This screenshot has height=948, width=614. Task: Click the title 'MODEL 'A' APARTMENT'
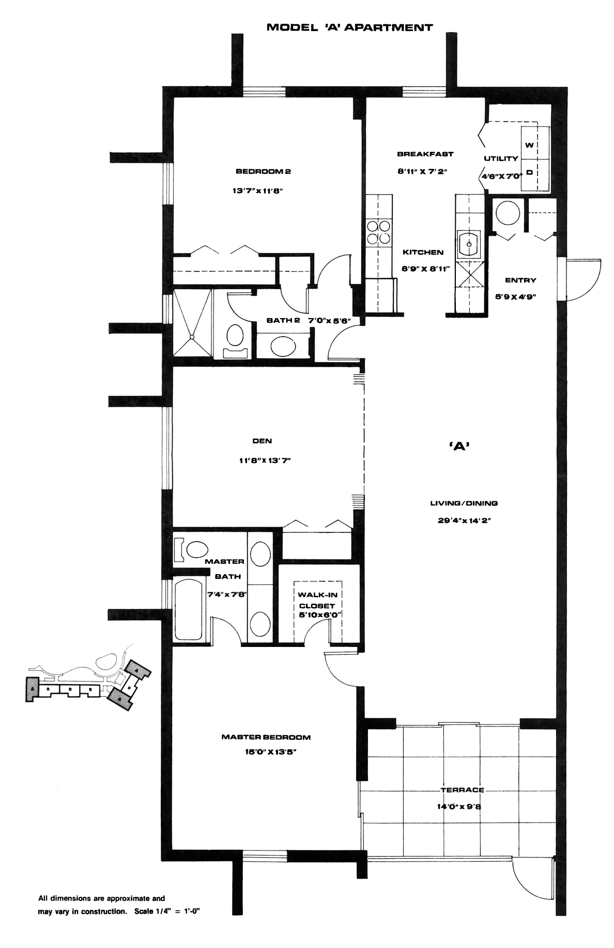(x=349, y=27)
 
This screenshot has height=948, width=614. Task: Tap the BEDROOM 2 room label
(x=259, y=171)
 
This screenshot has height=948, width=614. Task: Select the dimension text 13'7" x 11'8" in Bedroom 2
(x=259, y=191)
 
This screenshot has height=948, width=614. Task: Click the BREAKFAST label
(x=425, y=154)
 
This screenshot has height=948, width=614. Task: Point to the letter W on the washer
(x=529, y=146)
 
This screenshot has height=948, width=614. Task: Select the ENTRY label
(x=520, y=280)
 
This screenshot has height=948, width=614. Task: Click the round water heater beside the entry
(x=506, y=212)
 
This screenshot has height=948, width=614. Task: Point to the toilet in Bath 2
(x=235, y=339)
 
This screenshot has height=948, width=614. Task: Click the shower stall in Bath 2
(x=192, y=323)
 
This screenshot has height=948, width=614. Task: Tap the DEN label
(x=262, y=441)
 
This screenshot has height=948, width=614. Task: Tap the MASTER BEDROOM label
(x=266, y=737)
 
